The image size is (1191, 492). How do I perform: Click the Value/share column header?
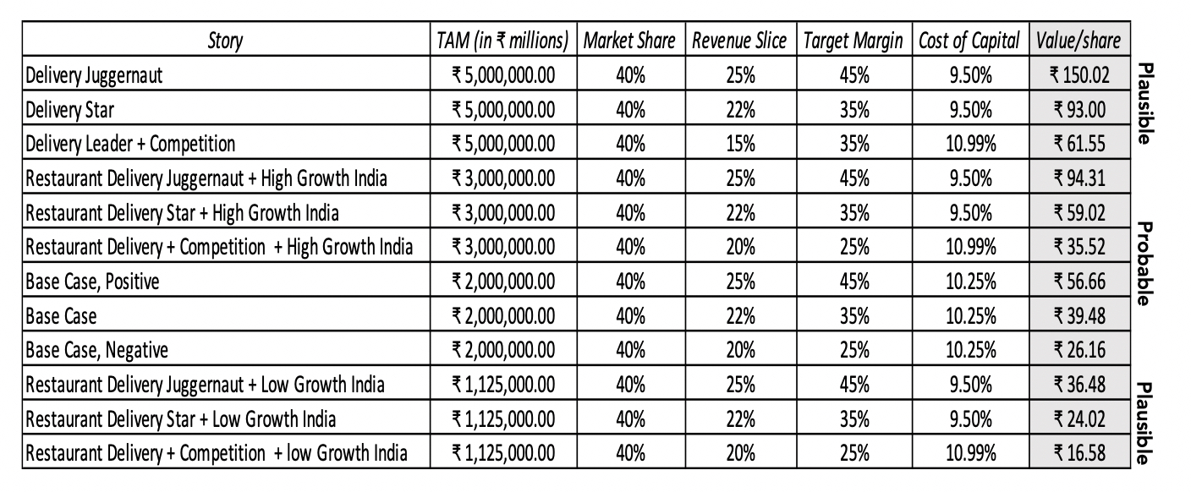coord(1079,40)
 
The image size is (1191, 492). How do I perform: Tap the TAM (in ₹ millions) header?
coord(504,40)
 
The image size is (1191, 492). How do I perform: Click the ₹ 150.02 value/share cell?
coord(1078,74)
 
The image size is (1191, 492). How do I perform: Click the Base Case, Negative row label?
coord(97,349)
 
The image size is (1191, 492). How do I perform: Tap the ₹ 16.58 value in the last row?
coord(1078,453)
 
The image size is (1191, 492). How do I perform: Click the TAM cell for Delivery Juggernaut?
coord(504,74)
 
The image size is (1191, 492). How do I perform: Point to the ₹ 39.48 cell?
coord(1078,315)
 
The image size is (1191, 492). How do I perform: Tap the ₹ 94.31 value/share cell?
coord(1078,178)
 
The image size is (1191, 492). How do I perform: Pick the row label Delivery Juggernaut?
coord(94,74)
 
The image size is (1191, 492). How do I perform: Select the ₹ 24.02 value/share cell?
coord(1078,418)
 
